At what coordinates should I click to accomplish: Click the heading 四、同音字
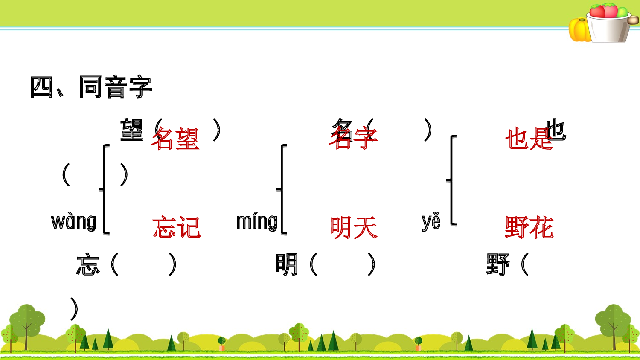(x=91, y=87)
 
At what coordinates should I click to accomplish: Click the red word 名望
(x=175, y=139)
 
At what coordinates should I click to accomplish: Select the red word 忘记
(x=176, y=227)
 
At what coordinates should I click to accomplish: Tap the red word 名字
(x=353, y=138)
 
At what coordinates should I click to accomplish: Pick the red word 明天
(x=354, y=227)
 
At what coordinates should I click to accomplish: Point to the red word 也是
(x=529, y=139)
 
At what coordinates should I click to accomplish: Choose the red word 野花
(x=529, y=227)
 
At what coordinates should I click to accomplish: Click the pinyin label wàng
(x=74, y=222)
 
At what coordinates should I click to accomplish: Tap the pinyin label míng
(x=257, y=222)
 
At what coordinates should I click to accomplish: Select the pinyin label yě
(x=431, y=221)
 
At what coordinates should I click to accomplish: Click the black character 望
(x=132, y=130)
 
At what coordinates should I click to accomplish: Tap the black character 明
(x=287, y=264)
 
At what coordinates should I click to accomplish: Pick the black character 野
(x=497, y=264)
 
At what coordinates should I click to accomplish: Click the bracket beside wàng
(x=105, y=189)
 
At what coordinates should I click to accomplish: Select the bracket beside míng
(x=282, y=189)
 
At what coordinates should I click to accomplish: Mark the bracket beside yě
(x=452, y=180)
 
